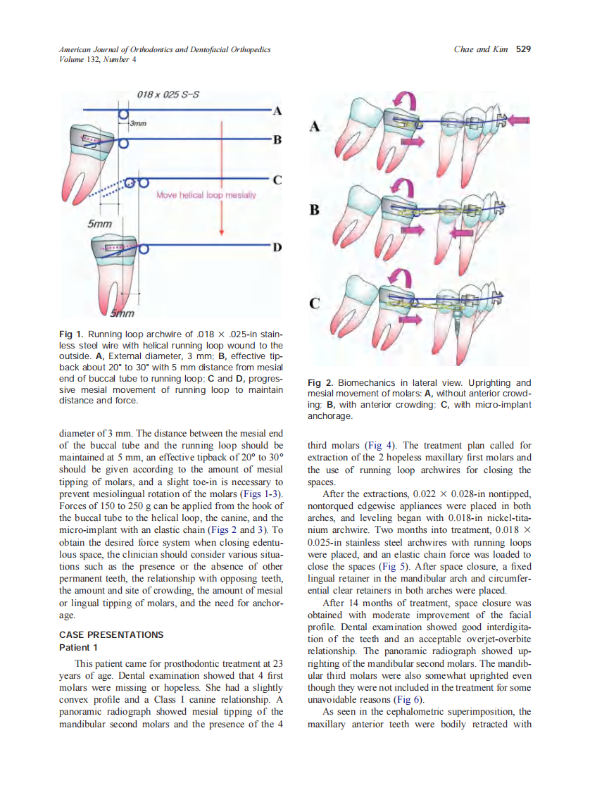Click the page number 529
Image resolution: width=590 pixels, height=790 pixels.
[523, 49]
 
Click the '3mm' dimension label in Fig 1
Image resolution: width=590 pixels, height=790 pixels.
[138, 124]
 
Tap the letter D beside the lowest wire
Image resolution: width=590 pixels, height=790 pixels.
[277, 247]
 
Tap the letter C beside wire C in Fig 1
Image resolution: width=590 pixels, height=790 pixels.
[277, 180]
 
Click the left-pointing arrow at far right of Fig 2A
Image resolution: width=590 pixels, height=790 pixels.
[522, 120]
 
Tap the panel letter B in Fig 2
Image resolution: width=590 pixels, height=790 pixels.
[314, 210]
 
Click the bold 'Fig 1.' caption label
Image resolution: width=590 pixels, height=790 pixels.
[70, 335]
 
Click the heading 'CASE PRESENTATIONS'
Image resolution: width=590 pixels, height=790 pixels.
[111, 634]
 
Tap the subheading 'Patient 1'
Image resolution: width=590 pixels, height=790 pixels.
[78, 647]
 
